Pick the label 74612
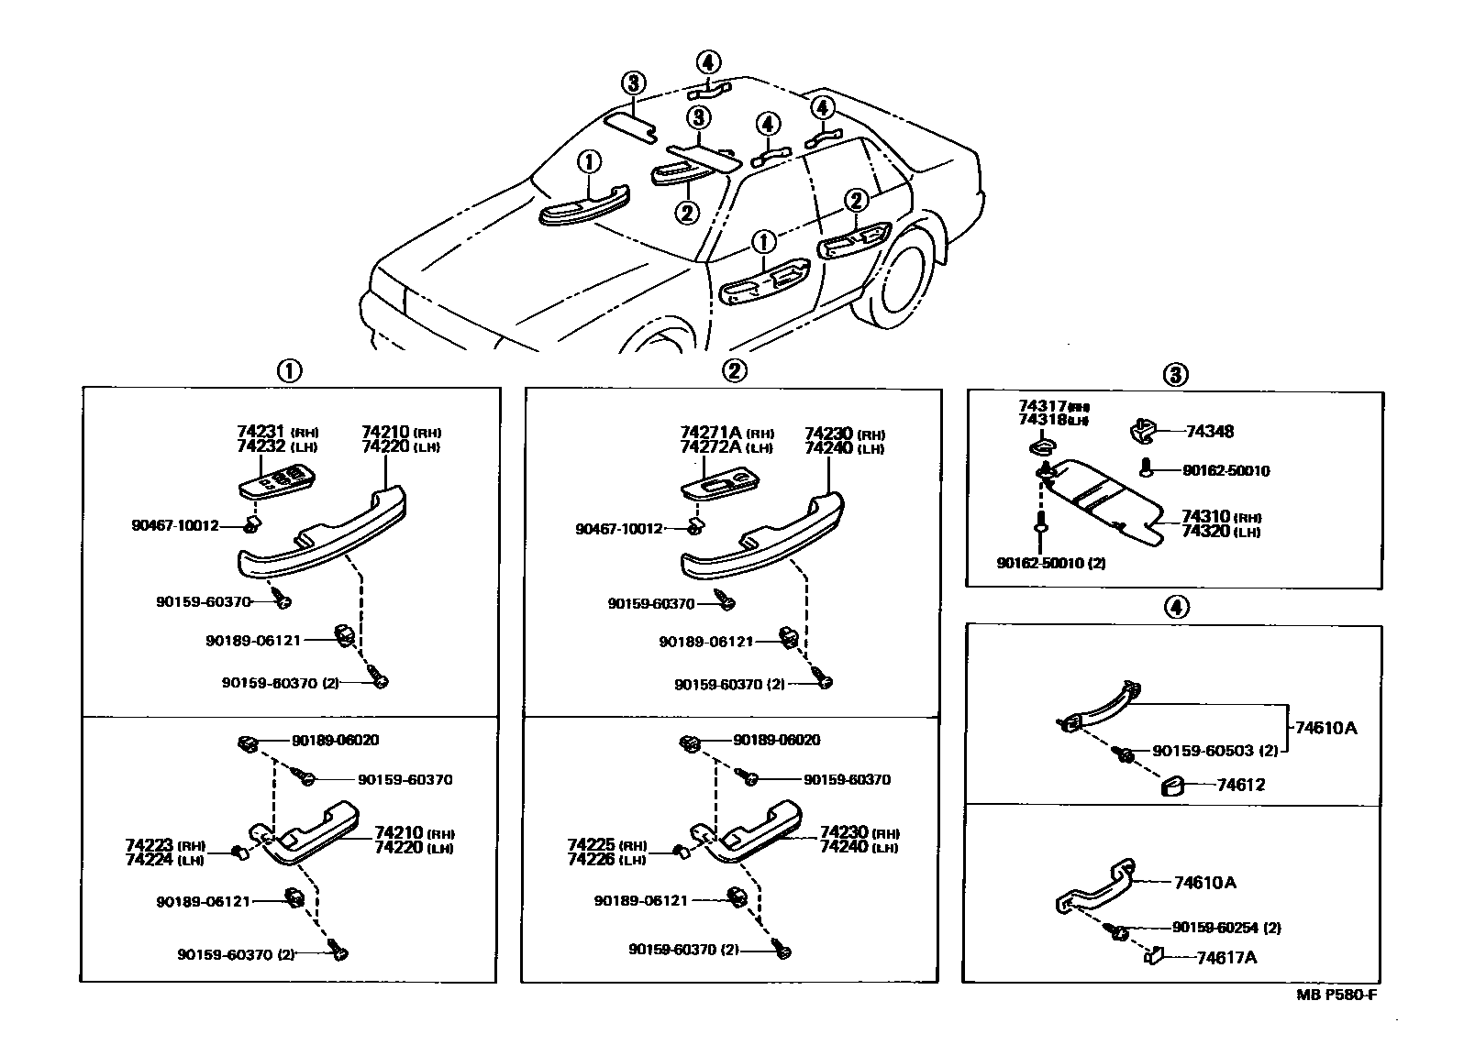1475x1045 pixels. coord(1241,785)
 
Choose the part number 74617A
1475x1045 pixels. coord(1226,958)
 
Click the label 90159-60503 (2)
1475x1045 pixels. coord(1214,751)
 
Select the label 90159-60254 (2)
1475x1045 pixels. coord(1226,928)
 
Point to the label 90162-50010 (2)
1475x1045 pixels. coord(1050,563)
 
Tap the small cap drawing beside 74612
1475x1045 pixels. coord(1172,786)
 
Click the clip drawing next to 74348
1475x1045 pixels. coord(1138,429)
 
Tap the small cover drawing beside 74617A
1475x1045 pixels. coord(1153,956)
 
